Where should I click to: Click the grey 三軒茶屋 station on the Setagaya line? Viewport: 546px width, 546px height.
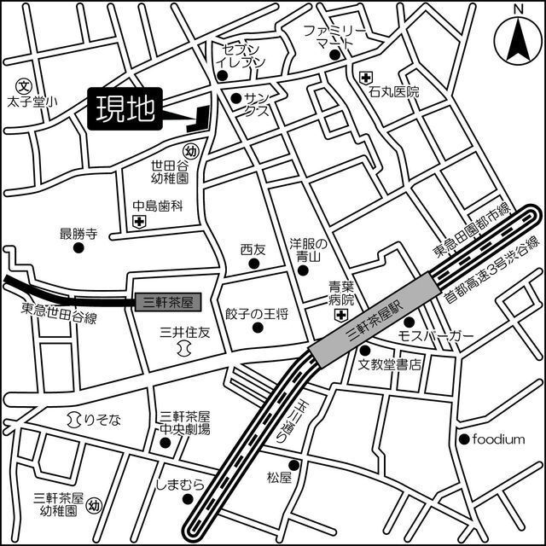[x=166, y=301]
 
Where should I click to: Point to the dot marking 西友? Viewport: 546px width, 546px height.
[x=253, y=264]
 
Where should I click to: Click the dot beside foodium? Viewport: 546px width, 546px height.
[x=464, y=439]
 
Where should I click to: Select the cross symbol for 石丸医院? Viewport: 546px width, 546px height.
[x=366, y=78]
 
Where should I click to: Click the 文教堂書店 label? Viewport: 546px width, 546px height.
[x=390, y=365]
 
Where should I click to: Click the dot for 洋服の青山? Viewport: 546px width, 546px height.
[x=304, y=271]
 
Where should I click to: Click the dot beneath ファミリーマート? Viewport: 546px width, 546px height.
[x=335, y=56]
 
